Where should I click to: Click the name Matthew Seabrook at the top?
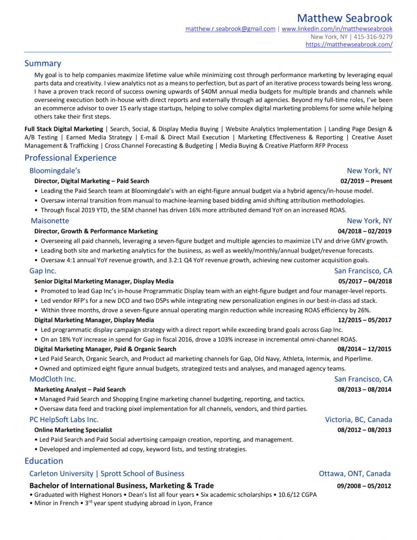click(344, 18)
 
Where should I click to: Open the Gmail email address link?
click(230, 29)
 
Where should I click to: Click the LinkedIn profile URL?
click(337, 29)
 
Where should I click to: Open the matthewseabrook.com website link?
click(348, 45)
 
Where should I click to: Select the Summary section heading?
click(43, 63)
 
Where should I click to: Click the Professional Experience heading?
click(70, 158)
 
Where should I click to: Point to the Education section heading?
click(44, 461)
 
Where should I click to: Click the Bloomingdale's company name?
click(55, 171)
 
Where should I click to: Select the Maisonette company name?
click(50, 221)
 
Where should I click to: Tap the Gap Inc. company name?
click(43, 271)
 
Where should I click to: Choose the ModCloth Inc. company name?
click(53, 379)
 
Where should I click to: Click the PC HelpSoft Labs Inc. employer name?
click(64, 420)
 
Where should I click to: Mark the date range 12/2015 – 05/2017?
click(365, 320)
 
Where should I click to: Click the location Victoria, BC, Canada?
click(358, 420)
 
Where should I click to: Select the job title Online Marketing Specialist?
click(73, 430)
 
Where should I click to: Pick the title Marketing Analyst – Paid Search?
click(80, 390)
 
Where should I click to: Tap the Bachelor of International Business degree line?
click(122, 486)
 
